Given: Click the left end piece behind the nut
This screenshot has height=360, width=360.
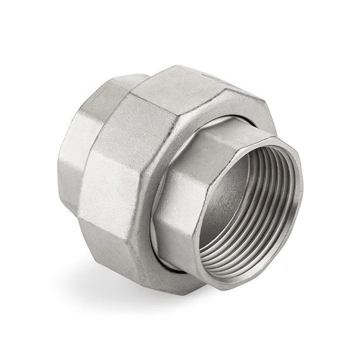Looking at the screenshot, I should (x=77, y=154).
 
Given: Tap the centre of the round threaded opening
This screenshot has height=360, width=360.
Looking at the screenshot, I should (x=247, y=201).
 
